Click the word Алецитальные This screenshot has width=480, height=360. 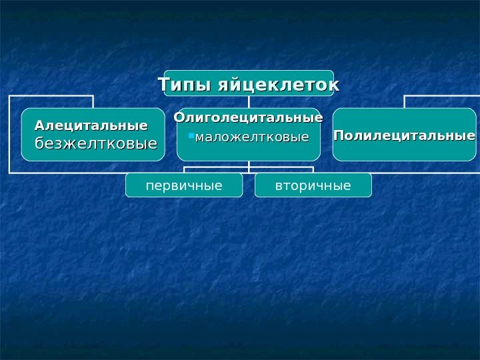pyautogui.click(x=91, y=125)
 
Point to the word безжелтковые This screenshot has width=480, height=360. pyautogui.click(x=95, y=143)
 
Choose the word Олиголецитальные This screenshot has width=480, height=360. pyautogui.click(x=249, y=119)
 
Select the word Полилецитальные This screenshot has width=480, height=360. pyautogui.click(x=404, y=136)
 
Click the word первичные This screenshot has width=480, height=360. pyautogui.click(x=184, y=185)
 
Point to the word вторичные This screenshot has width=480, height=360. pyautogui.click(x=313, y=185)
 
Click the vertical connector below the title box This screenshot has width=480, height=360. pyautogui.click(x=249, y=102)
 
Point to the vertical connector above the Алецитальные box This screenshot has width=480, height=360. pyautogui.click(x=93, y=102)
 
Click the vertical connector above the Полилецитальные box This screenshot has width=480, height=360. pyautogui.click(x=404, y=102)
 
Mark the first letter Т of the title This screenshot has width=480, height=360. pyautogui.click(x=163, y=86)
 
